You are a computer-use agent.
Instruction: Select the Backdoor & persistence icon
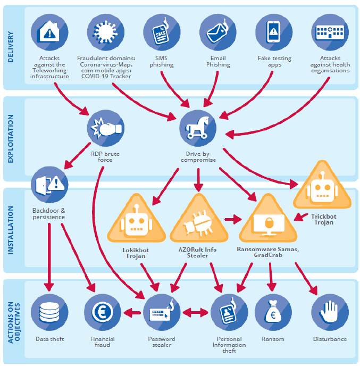[x=48, y=185]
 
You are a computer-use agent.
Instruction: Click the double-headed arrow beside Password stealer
[x=195, y=313]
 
